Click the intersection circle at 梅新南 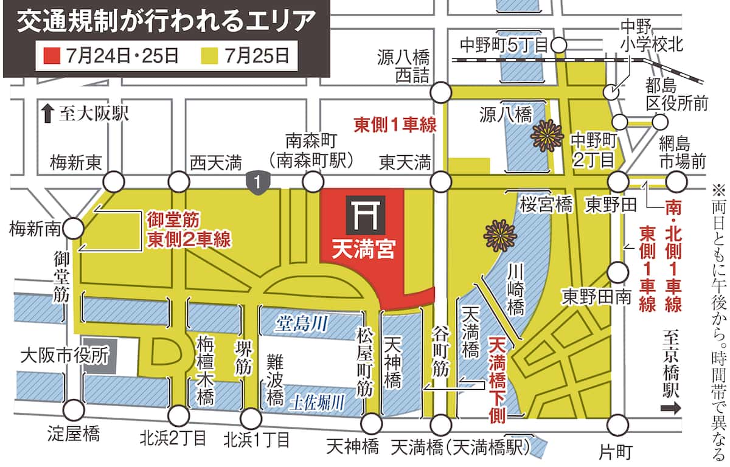(x=74, y=228)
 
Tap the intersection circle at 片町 (x=617, y=423)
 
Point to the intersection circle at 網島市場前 (x=676, y=181)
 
